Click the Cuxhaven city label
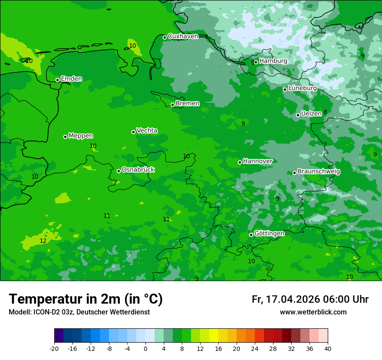click(183, 36)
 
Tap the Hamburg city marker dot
click(256, 62)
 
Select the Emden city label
click(71, 79)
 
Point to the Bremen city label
click(188, 104)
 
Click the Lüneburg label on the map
click(303, 88)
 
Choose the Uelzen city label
click(311, 114)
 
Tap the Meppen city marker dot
click(65, 137)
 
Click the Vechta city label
click(147, 131)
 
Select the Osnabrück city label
click(138, 170)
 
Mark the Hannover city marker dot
click(240, 162)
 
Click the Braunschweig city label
click(319, 172)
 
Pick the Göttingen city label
click(269, 234)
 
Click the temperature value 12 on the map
click(43, 241)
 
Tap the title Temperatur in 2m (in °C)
click(86, 299)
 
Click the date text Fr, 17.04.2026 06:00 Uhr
click(310, 299)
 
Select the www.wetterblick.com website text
click(313, 312)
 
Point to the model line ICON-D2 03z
click(79, 312)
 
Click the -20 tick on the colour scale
click(54, 348)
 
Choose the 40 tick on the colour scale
click(327, 348)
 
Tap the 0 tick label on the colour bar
click(145, 348)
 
